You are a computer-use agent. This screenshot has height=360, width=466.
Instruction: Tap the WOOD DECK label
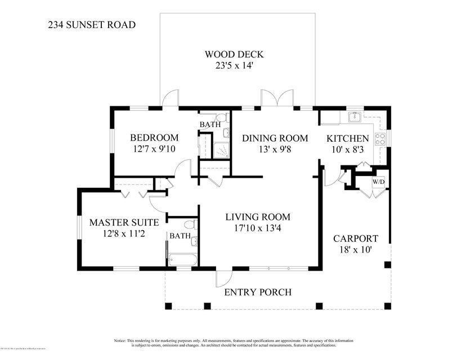coord(234,55)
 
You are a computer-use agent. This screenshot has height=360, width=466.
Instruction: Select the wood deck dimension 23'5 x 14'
coord(234,65)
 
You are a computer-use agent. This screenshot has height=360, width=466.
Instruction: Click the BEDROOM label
coord(154,138)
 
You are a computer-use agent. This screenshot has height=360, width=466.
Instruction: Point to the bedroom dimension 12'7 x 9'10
coord(154,149)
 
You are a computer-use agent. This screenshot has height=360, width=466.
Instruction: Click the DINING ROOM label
coord(275,138)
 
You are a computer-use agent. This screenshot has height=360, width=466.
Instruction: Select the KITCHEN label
coord(348,138)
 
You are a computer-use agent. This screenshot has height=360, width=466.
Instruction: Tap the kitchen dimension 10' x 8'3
coord(348,150)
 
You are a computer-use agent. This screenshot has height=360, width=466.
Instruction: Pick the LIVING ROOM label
coord(258,217)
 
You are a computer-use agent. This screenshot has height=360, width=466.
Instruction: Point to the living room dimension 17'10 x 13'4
coord(258,228)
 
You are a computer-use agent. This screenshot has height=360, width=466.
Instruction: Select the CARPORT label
coord(355,238)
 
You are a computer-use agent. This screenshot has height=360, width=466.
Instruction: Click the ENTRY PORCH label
coord(258,292)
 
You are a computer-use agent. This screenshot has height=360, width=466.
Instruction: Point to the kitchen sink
coord(355,118)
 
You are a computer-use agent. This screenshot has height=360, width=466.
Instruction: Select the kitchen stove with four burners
coord(381,138)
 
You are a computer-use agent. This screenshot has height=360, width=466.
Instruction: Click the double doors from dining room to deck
coord(277,98)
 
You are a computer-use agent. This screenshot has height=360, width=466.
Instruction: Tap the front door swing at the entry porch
coord(223,278)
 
